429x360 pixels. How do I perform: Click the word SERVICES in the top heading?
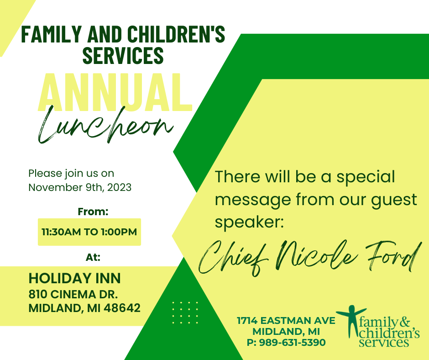(123, 55)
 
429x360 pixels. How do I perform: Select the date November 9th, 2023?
(80, 187)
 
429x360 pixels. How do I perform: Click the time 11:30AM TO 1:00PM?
(89, 232)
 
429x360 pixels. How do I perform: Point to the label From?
(93, 212)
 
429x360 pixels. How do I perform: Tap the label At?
(93, 257)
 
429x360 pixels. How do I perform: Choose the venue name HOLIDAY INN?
(74, 278)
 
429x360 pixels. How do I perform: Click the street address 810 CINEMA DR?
(73, 294)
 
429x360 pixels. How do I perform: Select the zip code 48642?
(122, 308)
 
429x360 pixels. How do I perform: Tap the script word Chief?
(233, 258)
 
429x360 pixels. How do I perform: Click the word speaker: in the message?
(250, 222)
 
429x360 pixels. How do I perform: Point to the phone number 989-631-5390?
(292, 343)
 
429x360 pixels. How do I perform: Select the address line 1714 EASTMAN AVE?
(286, 321)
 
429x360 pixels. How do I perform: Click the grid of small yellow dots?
(185, 312)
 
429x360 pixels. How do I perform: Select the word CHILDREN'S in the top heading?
(176, 34)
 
